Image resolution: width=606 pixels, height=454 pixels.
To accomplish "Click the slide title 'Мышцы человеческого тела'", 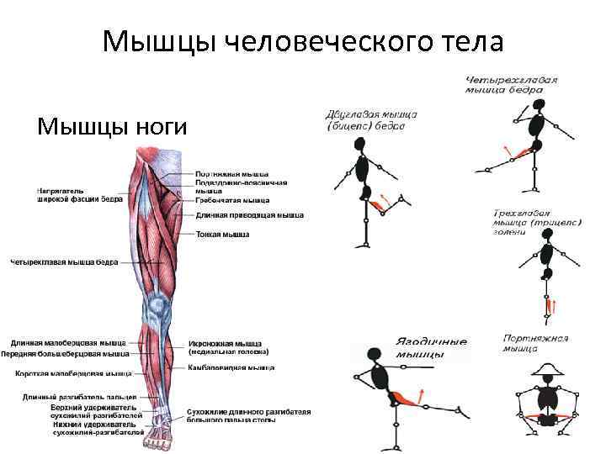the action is point(302,41).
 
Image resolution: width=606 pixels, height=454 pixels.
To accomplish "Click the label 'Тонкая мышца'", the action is point(222,235).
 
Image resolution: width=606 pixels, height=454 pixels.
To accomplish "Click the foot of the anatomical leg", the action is point(157,438).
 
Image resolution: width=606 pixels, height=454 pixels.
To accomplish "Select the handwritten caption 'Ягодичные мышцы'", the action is point(430,348).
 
